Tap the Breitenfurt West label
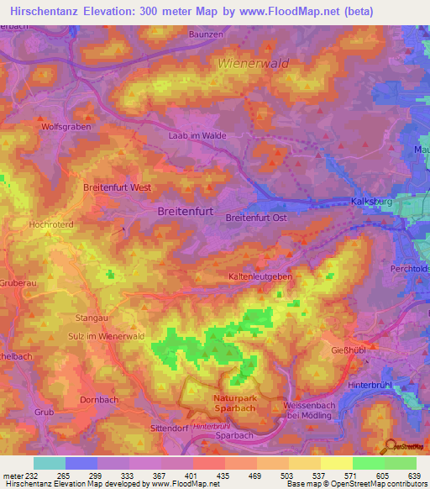point(117,188)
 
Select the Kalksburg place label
point(370,202)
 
